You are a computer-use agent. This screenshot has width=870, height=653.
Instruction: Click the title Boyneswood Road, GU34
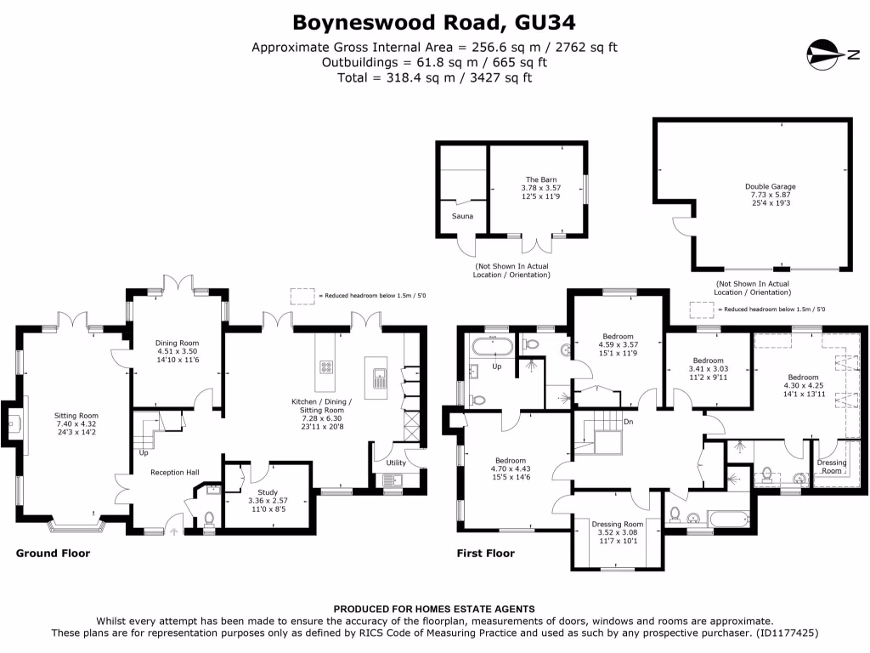434,20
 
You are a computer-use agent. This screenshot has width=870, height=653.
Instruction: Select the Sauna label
462,216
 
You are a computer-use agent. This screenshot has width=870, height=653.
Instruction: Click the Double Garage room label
771,186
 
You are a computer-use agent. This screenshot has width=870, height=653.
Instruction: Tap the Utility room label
396,463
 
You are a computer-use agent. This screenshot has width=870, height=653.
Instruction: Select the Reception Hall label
175,473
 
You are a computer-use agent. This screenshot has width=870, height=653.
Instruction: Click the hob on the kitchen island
326,367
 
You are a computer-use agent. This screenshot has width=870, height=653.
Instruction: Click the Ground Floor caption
53,554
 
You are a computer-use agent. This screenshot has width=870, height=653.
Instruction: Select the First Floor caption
486,554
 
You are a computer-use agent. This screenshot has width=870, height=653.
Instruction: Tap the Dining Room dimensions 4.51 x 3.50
176,352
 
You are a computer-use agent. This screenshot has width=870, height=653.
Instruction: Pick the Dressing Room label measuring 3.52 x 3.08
617,525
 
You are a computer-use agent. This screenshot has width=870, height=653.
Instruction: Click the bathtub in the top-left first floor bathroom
490,346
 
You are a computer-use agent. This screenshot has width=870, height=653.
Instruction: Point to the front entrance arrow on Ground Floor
176,531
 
